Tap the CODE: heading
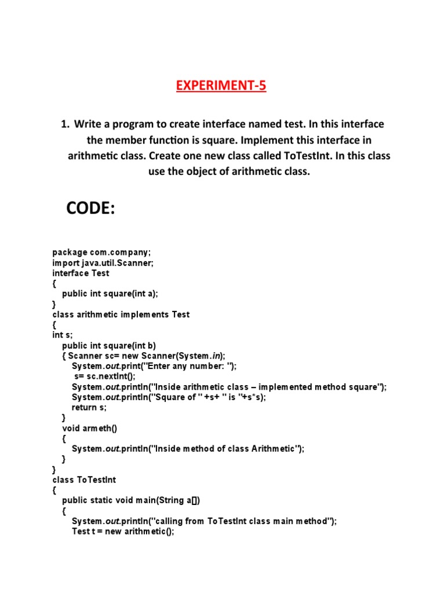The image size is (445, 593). pos(91,208)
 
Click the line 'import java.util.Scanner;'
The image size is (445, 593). pos(103,262)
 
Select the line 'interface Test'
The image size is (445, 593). pos(81,273)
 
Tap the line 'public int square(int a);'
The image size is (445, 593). pos(110,294)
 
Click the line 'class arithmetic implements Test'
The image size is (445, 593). pos(121,314)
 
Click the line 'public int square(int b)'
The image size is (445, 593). pos(109,346)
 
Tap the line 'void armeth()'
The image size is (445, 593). pos(89,428)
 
